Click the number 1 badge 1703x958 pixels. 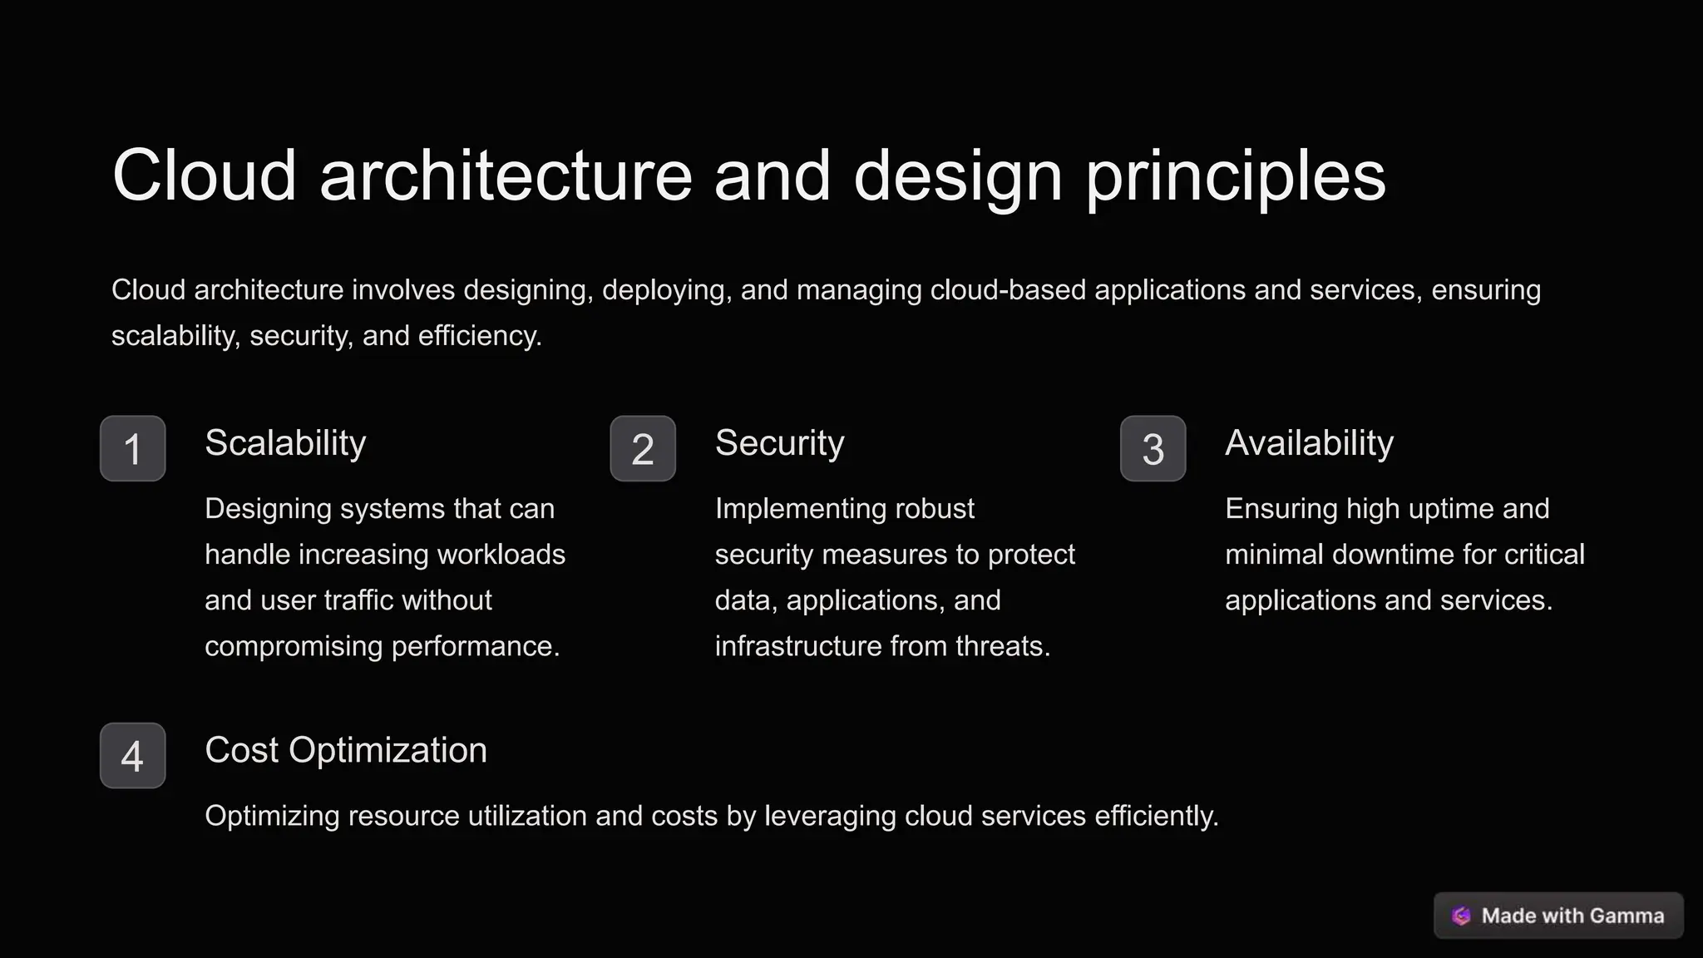pyautogui.click(x=132, y=448)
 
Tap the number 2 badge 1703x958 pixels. pyautogui.click(x=643, y=448)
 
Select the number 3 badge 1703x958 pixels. pyautogui.click(x=1153, y=448)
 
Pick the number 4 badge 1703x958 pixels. pyautogui.click(x=132, y=755)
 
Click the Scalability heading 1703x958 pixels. pyautogui.click(x=285, y=443)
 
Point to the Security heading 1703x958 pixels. pyautogui.click(x=779, y=443)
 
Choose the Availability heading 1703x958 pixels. pyautogui.click(x=1309, y=443)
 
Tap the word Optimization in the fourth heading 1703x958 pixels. pyautogui.click(x=388, y=751)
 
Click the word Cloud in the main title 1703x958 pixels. pyautogui.click(x=205, y=175)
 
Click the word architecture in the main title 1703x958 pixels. pyautogui.click(x=506, y=175)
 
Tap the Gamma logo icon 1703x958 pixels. pyautogui.click(x=1461, y=916)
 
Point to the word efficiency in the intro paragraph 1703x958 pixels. pyautogui.click(x=480, y=336)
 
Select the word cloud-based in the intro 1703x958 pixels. pyautogui.click(x=1008, y=290)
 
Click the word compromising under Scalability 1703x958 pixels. pyautogui.click(x=294, y=646)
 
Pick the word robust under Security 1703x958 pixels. pyautogui.click(x=934, y=509)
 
